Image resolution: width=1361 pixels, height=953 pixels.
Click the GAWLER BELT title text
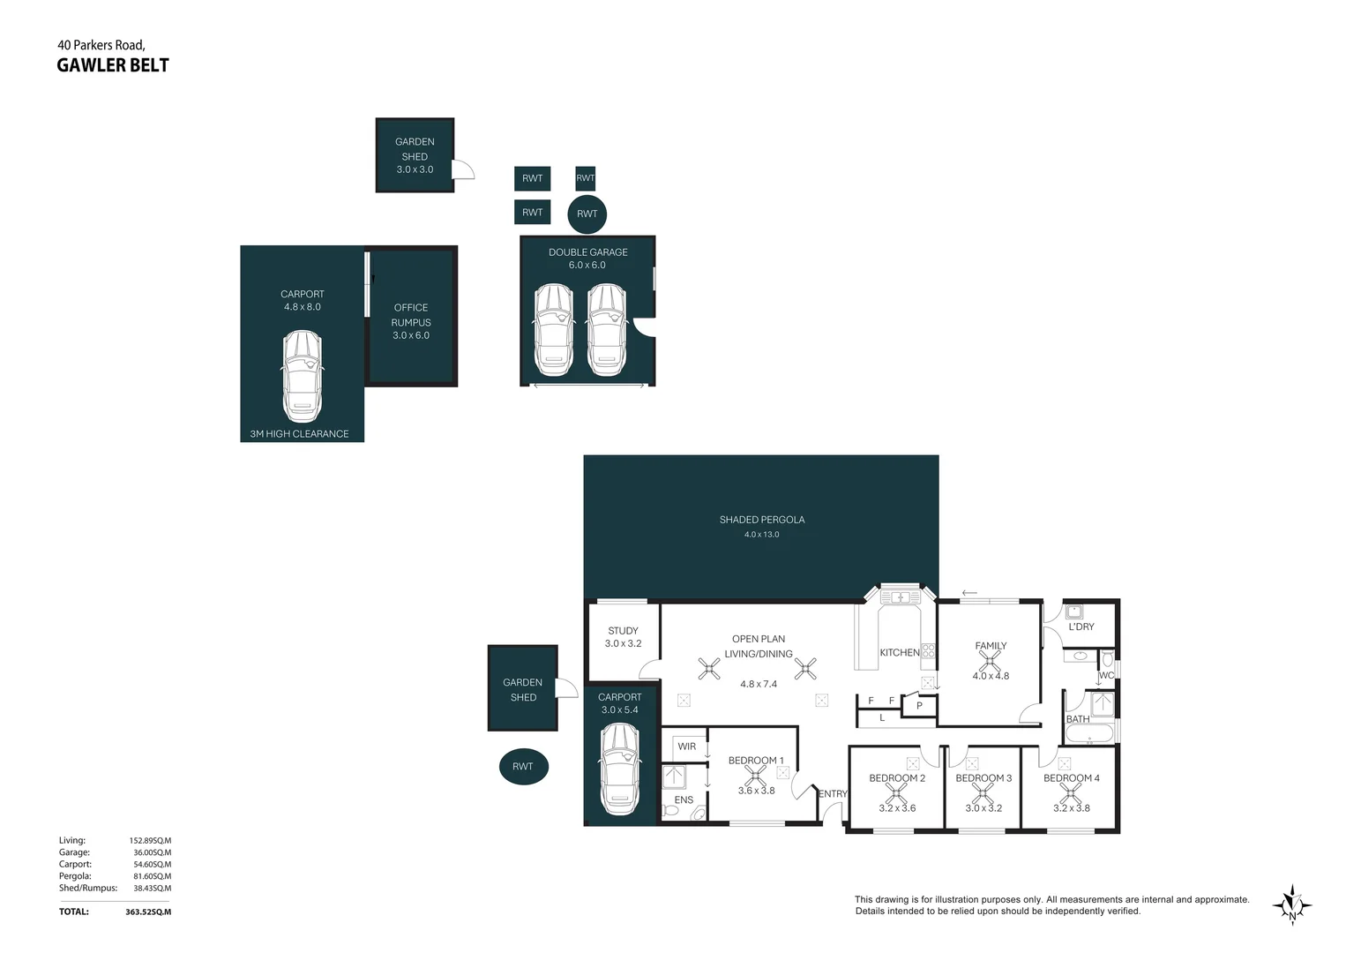112,65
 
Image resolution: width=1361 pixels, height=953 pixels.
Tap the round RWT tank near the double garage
587,214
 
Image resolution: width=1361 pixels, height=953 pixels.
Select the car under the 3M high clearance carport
302,376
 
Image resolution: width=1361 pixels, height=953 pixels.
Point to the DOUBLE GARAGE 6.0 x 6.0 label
587,258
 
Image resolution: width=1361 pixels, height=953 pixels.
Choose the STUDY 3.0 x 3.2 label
623,637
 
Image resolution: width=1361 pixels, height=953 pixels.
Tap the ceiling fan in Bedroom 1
755,776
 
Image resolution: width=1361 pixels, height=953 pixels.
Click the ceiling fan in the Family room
990,661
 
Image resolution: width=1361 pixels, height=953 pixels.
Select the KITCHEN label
899,653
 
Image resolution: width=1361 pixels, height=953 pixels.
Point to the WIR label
686,747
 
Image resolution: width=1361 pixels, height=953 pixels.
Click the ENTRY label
832,794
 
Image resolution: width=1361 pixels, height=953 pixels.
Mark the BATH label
1078,719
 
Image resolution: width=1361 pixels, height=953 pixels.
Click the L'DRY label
1081,627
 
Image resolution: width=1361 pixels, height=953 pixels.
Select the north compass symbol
1292,904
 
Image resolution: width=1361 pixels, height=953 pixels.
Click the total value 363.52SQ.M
148,912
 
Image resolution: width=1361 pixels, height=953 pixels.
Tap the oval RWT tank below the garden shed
523,766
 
